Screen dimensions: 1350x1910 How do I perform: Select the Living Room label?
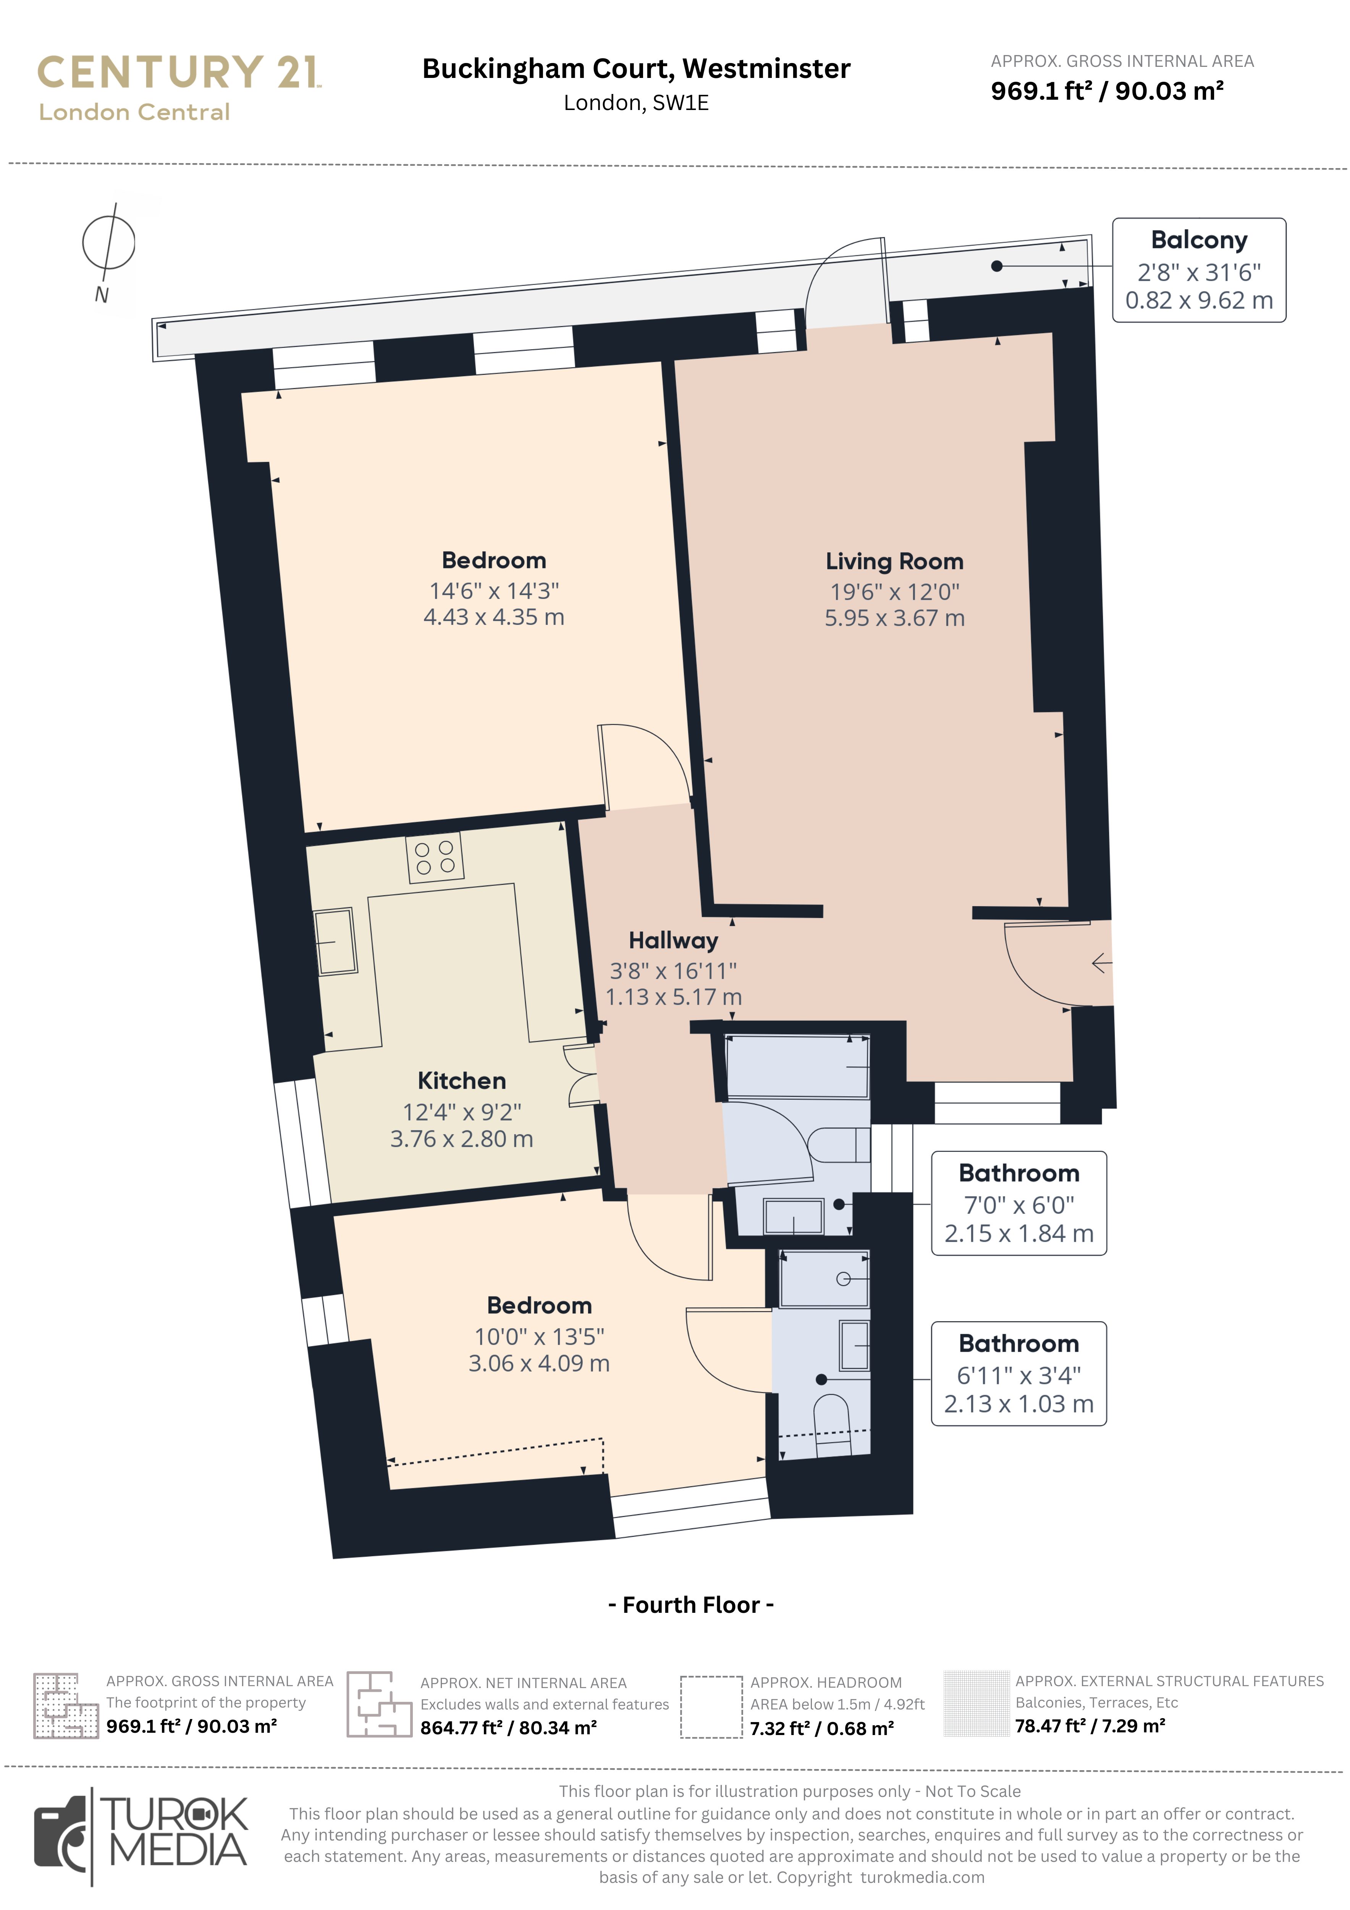(x=894, y=562)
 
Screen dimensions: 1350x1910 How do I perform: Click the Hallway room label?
(x=673, y=941)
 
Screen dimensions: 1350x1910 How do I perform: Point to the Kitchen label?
(x=462, y=1081)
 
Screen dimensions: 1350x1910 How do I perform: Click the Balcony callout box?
(x=1199, y=270)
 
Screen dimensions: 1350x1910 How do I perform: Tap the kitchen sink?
(x=335, y=941)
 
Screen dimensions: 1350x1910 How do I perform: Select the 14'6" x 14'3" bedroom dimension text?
(x=494, y=591)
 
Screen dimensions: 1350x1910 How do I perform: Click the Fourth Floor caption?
(x=691, y=1605)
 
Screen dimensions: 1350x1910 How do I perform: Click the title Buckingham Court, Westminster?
(x=636, y=68)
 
